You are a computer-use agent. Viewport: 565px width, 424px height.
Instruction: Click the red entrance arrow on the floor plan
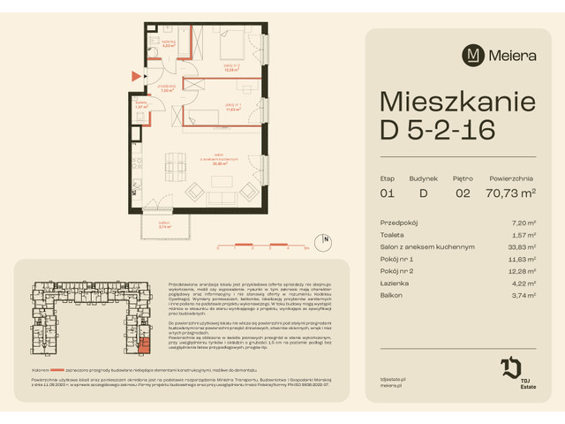coord(135,77)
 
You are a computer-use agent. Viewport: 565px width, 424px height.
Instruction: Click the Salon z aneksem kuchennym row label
coord(427,247)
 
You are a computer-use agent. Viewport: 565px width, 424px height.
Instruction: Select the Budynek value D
coord(423,192)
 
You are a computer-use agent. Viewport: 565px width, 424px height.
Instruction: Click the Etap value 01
coord(388,192)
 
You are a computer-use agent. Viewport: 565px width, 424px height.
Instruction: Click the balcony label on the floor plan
coord(164,224)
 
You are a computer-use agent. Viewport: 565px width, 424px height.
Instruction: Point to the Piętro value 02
coord(462,192)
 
